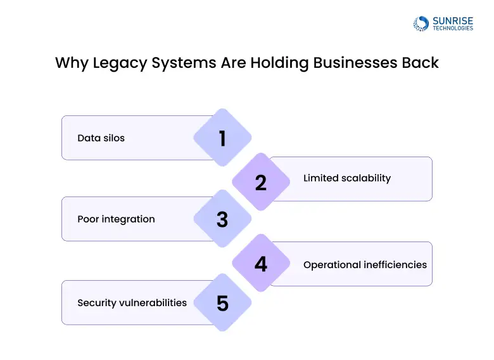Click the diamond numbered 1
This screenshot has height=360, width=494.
(222, 138)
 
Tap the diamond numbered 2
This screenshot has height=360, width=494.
(261, 183)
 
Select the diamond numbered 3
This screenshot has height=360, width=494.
(222, 219)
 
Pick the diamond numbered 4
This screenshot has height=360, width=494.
(261, 264)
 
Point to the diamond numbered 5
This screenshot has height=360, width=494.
(222, 303)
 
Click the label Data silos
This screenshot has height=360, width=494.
(101, 138)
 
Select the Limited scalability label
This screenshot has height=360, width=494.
(347, 178)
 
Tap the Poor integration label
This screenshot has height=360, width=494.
(116, 219)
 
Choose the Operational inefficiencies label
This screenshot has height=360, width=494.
(365, 264)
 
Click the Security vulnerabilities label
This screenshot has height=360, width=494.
(132, 303)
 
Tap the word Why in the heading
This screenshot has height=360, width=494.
(68, 63)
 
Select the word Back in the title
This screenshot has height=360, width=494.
(422, 63)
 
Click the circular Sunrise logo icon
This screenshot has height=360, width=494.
(421, 23)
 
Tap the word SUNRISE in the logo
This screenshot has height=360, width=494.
(452, 20)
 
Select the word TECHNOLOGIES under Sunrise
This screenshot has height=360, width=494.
(452, 29)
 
